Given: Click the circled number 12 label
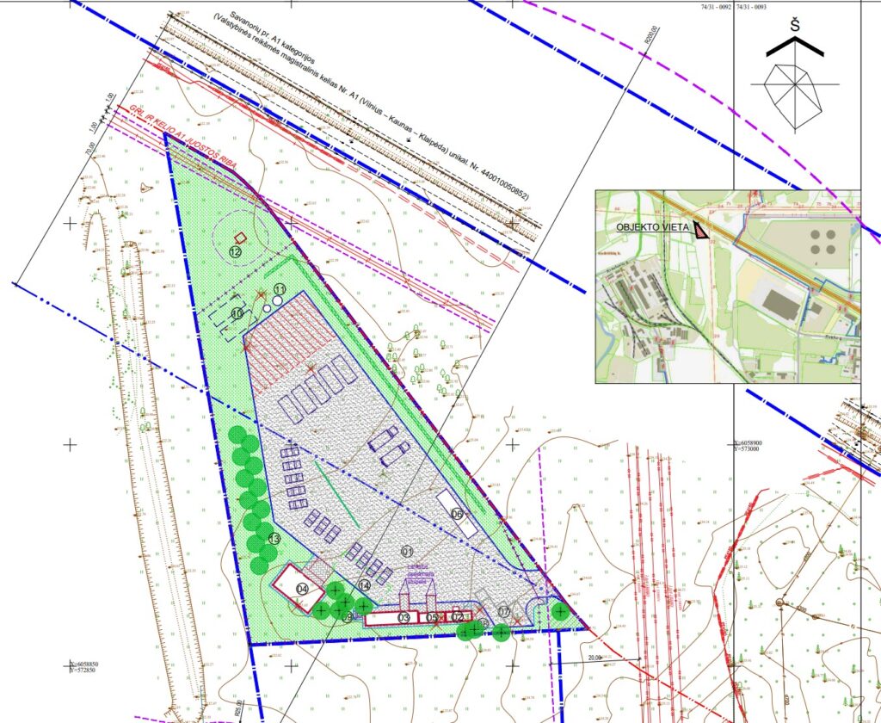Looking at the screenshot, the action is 235,251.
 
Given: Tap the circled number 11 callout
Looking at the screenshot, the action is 279,289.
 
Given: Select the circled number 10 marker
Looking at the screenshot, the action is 237,312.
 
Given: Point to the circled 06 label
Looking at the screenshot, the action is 457,514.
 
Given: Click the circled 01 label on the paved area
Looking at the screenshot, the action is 407,551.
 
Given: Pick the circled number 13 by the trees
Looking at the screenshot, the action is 274,539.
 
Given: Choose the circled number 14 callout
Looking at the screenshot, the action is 364,585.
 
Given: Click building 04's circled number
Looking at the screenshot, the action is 302,589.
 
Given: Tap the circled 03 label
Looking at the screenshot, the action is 403,617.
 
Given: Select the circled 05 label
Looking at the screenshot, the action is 433,617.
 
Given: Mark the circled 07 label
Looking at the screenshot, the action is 504,611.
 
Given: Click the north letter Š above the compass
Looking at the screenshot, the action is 795,26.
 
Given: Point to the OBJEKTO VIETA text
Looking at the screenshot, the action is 652,227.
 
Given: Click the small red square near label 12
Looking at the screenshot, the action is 242,238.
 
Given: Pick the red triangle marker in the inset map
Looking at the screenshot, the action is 703,231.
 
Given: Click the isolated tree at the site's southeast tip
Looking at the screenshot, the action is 560,611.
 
